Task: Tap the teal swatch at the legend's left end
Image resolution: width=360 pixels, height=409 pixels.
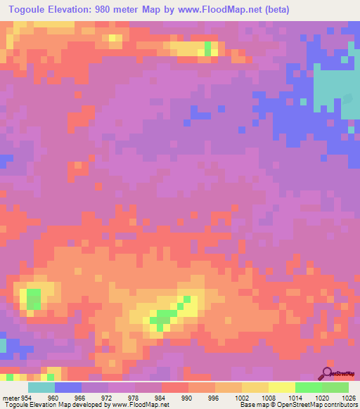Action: (41, 388)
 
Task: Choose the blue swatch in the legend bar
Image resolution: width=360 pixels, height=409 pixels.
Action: (68, 388)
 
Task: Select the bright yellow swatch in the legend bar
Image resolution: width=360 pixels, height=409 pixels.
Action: (282, 388)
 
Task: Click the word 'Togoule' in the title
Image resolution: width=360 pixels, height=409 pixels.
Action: (28, 11)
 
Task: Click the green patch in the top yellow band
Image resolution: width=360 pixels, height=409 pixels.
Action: (208, 48)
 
